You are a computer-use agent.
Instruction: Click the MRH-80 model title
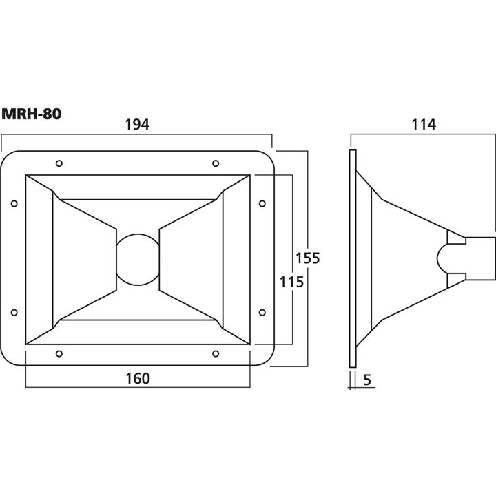click(x=31, y=114)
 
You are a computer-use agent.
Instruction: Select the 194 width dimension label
click(x=137, y=124)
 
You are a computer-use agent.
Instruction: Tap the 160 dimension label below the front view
click(x=138, y=379)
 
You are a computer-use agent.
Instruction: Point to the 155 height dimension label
click(x=307, y=258)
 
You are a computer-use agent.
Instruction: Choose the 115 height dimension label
click(x=291, y=282)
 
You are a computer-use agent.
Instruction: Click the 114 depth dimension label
click(x=424, y=124)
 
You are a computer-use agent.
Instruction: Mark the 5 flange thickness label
click(x=367, y=380)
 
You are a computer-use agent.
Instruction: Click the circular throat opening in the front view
click(x=138, y=234)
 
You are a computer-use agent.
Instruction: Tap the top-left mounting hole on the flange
click(x=59, y=163)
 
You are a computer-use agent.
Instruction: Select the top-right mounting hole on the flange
click(x=216, y=163)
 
